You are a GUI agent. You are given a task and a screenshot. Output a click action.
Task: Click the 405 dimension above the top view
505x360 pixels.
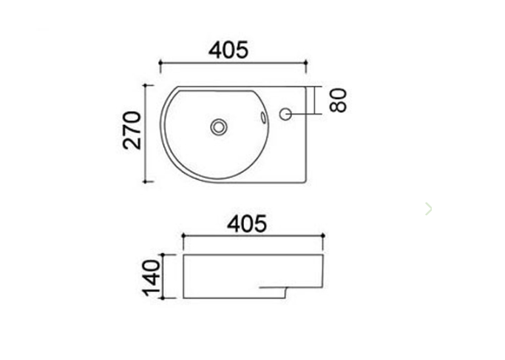[x=228, y=50]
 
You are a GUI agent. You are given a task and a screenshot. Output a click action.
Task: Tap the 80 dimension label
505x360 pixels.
[x=339, y=100]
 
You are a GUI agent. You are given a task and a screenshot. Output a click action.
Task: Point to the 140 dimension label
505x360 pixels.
[x=152, y=277]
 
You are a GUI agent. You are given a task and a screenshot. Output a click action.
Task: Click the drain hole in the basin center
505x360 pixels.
[x=218, y=126]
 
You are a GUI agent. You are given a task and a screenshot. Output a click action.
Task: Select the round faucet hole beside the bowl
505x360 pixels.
[x=287, y=114]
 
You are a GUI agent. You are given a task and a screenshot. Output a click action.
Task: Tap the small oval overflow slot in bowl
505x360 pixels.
[x=262, y=117]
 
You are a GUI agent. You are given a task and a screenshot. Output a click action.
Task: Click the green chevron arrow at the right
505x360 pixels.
[x=429, y=209]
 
